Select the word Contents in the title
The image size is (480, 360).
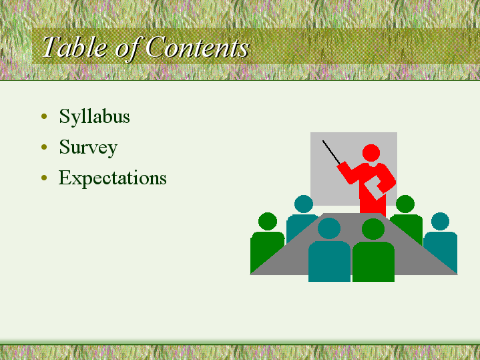pyautogui.click(x=197, y=47)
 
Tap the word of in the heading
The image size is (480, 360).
pyautogui.click(x=127, y=48)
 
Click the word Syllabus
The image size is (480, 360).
pyautogui.click(x=94, y=116)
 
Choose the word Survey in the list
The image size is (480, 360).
pyautogui.click(x=88, y=148)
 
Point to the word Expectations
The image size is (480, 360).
pyautogui.click(x=112, y=178)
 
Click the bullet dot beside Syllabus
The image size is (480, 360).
pyautogui.click(x=44, y=116)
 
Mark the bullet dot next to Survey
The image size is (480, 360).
pyautogui.click(x=44, y=147)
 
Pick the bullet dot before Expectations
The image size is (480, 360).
pyautogui.click(x=44, y=178)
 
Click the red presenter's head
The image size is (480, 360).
pyautogui.click(x=371, y=153)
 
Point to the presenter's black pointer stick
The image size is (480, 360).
pyautogui.click(x=331, y=152)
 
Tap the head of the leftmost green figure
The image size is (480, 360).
pyautogui.click(x=268, y=222)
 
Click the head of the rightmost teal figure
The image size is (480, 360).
pyautogui.click(x=440, y=222)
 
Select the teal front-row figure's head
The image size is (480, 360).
pyautogui.click(x=329, y=228)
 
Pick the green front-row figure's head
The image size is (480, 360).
pyautogui.click(x=373, y=229)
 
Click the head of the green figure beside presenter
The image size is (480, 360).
pyautogui.click(x=405, y=204)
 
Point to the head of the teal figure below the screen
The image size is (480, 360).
pyautogui.click(x=304, y=204)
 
